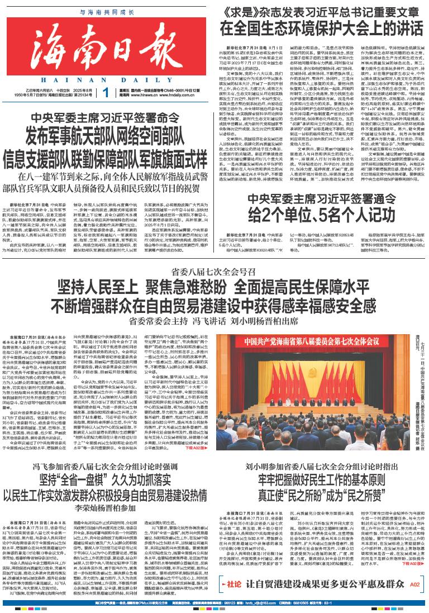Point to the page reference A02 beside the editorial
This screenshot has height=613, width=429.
coord(414,585)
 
